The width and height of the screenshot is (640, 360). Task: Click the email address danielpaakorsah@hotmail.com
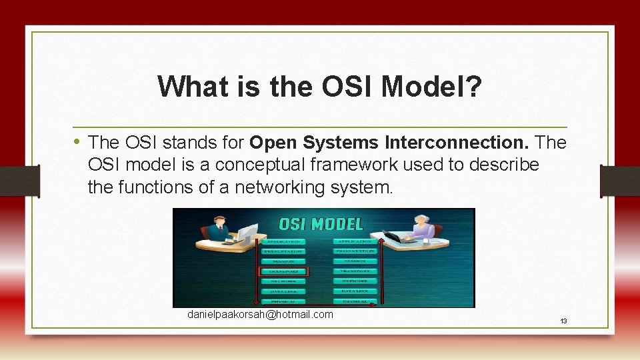click(x=260, y=314)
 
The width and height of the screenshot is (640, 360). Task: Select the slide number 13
click(x=563, y=321)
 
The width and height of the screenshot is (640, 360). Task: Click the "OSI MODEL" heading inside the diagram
click(x=321, y=223)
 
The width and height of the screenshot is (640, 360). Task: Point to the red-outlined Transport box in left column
click(x=283, y=271)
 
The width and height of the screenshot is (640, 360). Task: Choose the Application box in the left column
click(x=283, y=241)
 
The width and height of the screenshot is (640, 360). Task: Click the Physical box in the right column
click(x=356, y=301)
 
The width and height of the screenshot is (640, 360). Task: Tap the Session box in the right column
click(x=356, y=261)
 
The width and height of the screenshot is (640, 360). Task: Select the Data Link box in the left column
click(x=283, y=291)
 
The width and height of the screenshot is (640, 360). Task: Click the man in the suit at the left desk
click(x=216, y=229)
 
